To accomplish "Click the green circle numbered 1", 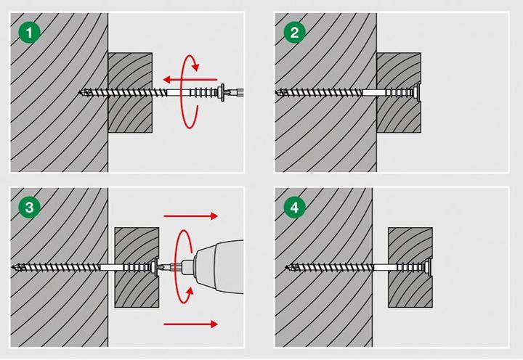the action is point(29,33).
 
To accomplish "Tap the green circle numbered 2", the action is point(294,33).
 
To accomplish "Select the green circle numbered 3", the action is point(29,208).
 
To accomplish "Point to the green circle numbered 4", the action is point(294,208).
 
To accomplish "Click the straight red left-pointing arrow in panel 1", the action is point(190,79).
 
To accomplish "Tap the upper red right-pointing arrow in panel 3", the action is point(191,216).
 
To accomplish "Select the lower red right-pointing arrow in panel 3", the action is point(191,324).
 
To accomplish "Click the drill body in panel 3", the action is point(220,266).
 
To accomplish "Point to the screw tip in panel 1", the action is point(80,92).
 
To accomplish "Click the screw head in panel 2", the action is point(416,92).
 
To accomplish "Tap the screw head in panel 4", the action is point(428,266).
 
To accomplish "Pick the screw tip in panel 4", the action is point(288,267).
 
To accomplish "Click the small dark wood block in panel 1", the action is point(130,93).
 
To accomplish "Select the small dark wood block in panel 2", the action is point(399,93).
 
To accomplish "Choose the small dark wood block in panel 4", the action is point(410,267).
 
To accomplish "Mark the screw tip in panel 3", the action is point(14,267).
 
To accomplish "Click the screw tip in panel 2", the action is point(278,92).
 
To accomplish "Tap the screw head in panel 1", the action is point(222,92).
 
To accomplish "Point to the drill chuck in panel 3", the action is point(187,266).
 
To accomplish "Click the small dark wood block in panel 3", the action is point(137,267).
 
